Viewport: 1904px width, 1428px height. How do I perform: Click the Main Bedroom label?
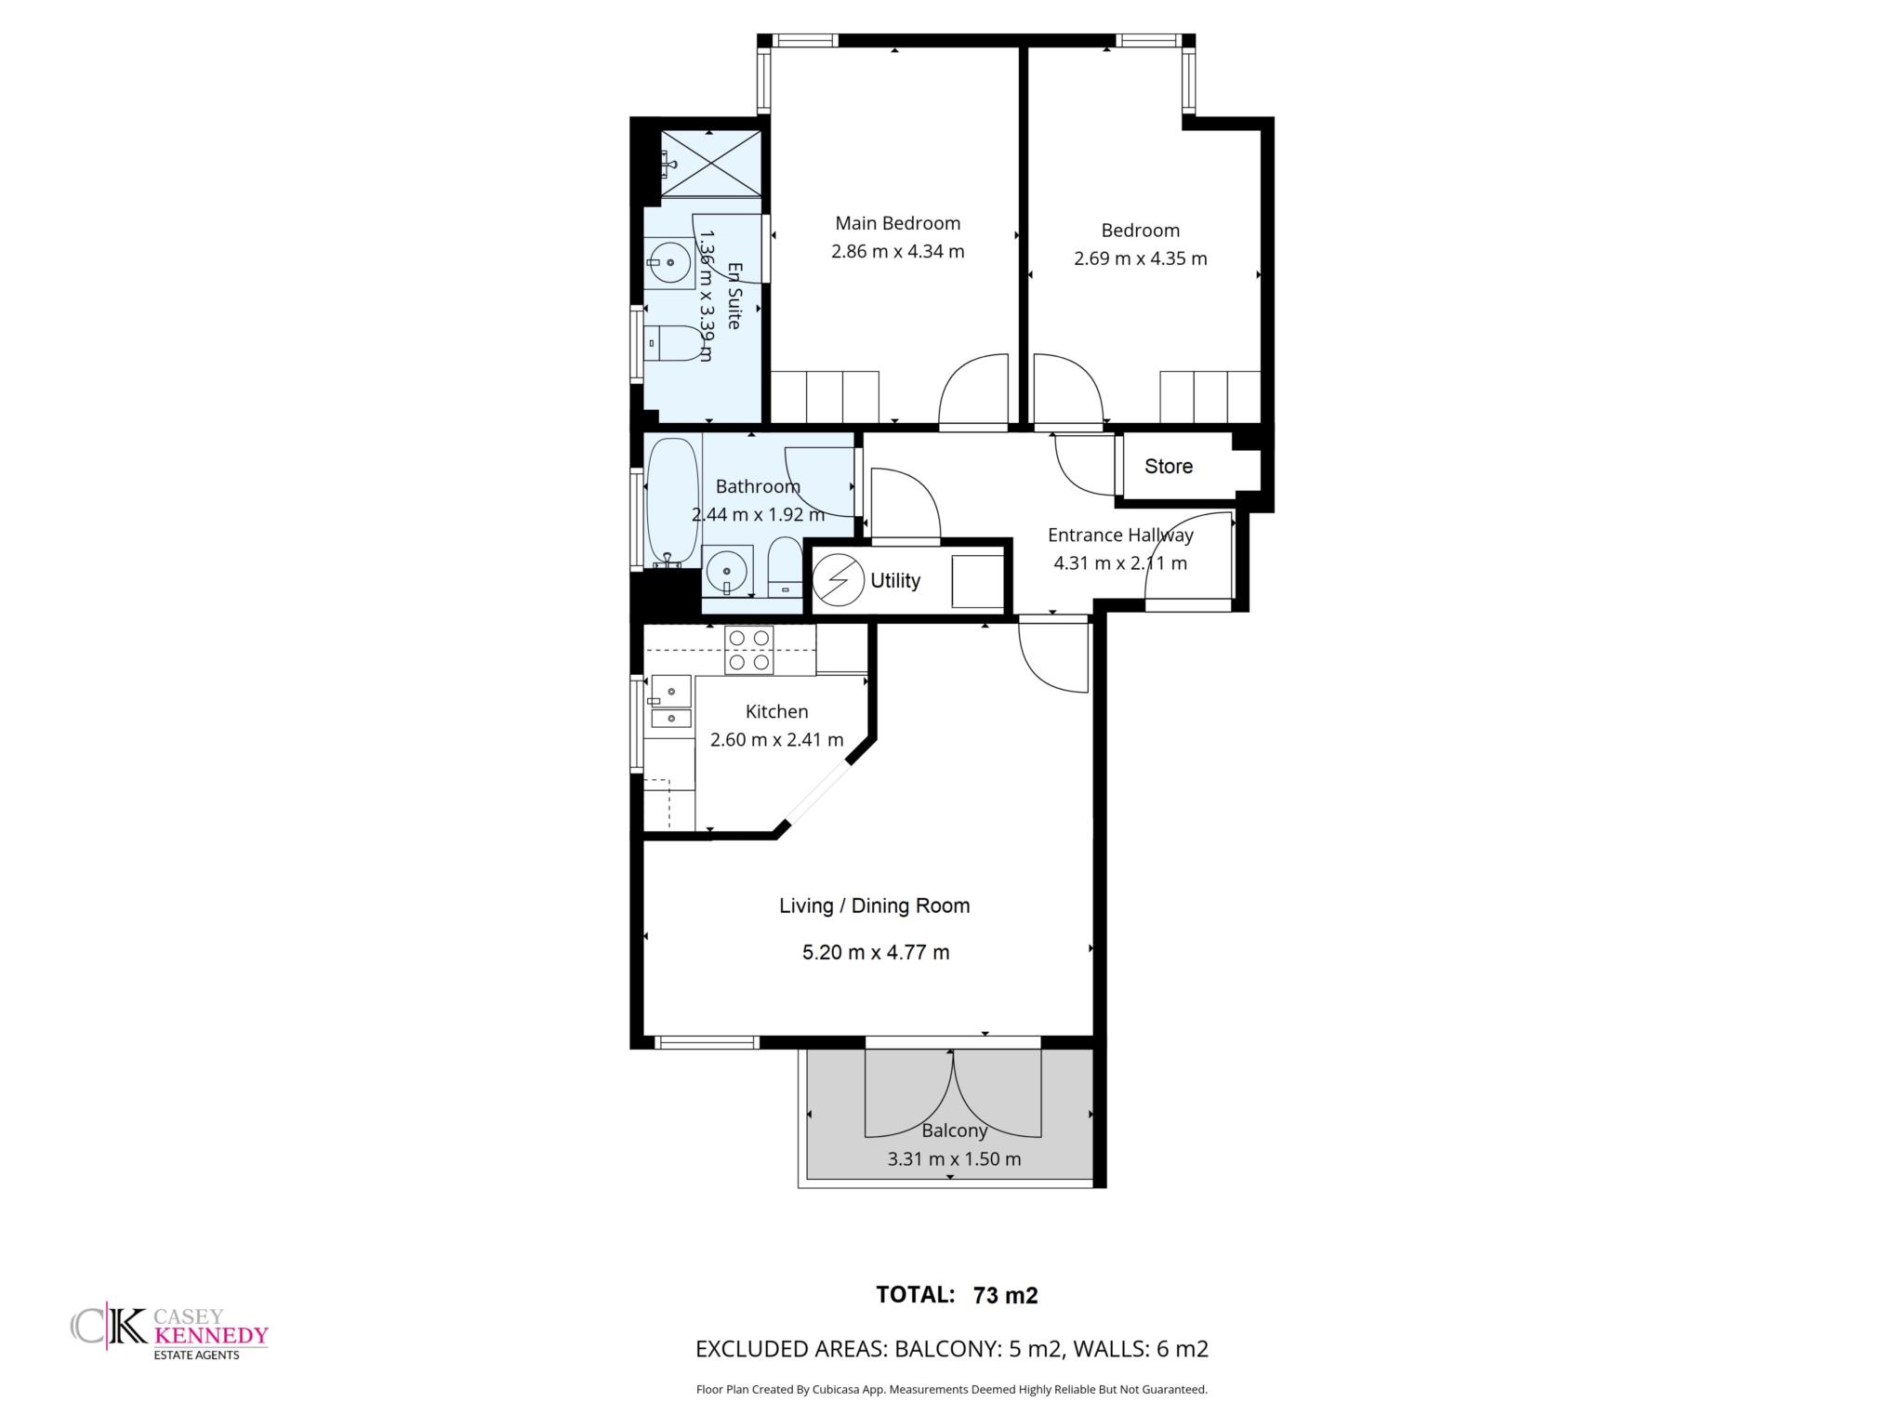[x=897, y=223]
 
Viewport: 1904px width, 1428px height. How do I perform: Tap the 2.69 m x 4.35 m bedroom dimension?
[x=1140, y=258]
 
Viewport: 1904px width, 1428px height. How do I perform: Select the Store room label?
[x=1168, y=467]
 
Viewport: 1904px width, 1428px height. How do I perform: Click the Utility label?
[x=894, y=581]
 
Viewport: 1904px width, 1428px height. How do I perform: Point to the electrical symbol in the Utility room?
[x=838, y=580]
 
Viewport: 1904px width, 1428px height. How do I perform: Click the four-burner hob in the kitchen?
[x=749, y=650]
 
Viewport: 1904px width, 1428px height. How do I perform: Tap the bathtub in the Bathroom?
[x=672, y=503]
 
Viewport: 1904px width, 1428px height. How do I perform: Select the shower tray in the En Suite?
[x=710, y=164]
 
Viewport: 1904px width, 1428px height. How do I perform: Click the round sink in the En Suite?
[x=669, y=263]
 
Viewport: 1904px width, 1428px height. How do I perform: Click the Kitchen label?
[x=776, y=712]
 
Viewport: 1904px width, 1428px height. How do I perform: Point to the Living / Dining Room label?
[x=874, y=906]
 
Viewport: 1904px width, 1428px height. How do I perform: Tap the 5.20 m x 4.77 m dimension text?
[x=876, y=952]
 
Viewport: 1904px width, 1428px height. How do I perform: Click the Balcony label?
[x=954, y=1130]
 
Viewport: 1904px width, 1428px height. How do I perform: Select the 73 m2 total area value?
[x=1005, y=1295]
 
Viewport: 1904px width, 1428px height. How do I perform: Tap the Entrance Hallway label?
[x=1120, y=535]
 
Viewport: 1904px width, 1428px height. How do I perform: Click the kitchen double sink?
[x=670, y=701]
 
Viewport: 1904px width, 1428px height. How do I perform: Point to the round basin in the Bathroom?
[x=727, y=568]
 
